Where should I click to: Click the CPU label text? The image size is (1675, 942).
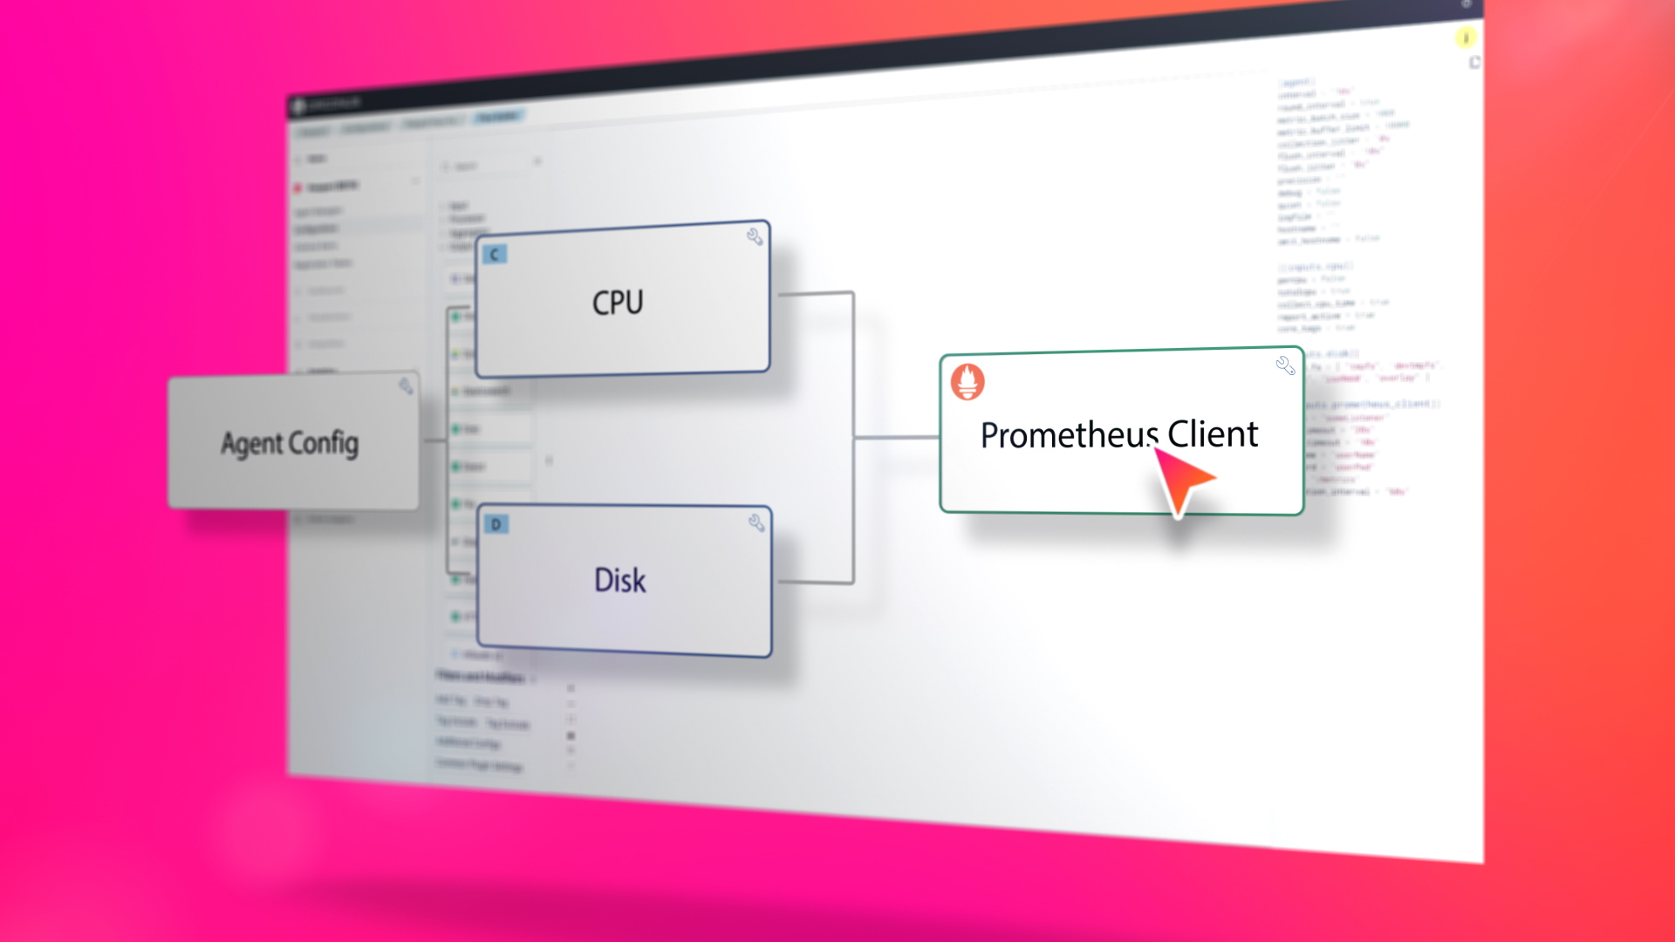pos(618,303)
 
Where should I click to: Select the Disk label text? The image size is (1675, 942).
pos(619,581)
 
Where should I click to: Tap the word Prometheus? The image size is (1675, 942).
pos(1069,435)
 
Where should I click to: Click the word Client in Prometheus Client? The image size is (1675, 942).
pos(1213,433)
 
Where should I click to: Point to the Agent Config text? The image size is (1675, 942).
pos(290,443)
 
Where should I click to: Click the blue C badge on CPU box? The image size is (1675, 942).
pos(495,254)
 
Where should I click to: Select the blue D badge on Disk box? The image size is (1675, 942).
pos(496,524)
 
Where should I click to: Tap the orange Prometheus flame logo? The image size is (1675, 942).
pos(967,381)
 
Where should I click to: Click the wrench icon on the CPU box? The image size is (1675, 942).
pos(755,236)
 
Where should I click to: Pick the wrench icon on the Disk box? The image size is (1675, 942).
pos(756,522)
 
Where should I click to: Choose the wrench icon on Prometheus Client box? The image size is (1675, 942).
pos(1285,365)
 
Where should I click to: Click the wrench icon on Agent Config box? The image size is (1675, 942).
pos(406,386)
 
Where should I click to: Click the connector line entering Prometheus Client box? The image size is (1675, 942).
pos(897,437)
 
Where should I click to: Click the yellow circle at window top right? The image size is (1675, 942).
pos(1466,38)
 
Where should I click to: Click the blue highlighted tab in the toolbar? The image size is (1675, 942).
pos(497,117)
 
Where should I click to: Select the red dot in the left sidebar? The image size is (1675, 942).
pos(298,188)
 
